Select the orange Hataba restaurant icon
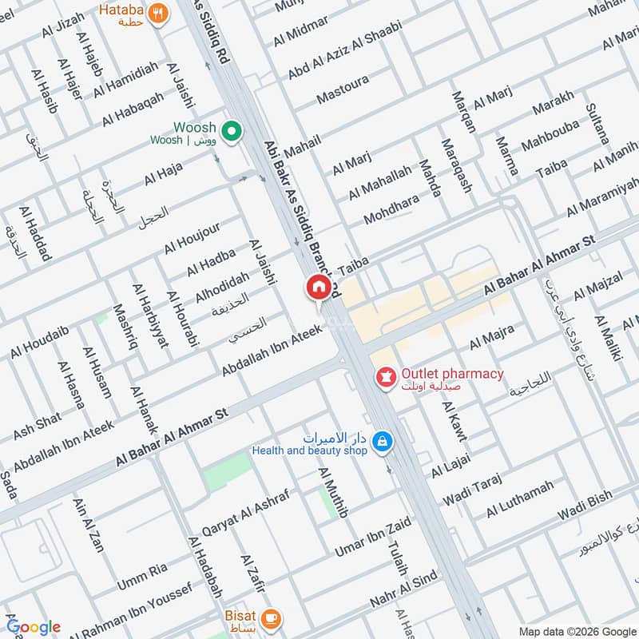tap(159, 14)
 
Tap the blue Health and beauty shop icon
tap(383, 441)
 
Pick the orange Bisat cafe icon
tap(272, 617)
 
